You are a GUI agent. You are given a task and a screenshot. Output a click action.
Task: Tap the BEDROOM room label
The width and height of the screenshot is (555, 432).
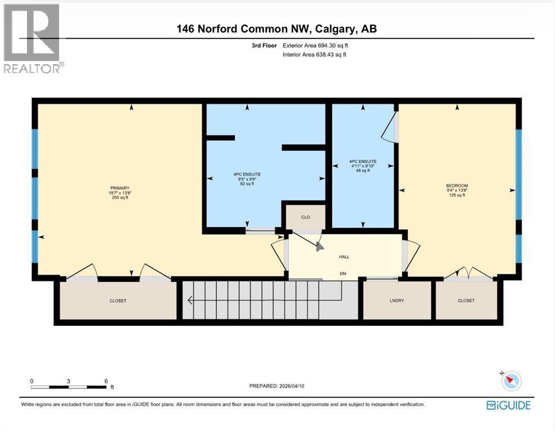(x=457, y=186)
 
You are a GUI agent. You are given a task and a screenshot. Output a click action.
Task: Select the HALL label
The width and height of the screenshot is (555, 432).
(x=344, y=256)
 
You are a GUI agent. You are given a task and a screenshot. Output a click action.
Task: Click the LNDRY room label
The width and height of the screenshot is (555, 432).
(x=397, y=300)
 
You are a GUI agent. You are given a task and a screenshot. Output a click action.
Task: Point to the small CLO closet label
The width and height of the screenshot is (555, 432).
(x=305, y=217)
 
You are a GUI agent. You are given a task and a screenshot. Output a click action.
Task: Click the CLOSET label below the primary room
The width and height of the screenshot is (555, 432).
(x=118, y=301)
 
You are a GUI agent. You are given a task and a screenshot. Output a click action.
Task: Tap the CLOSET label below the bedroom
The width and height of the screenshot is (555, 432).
(x=466, y=300)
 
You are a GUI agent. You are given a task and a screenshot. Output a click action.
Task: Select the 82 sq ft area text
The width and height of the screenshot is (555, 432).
(x=248, y=183)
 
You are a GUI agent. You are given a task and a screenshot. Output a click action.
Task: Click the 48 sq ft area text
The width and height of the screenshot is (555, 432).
(x=362, y=171)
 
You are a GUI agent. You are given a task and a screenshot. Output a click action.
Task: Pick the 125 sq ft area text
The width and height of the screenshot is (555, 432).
(x=457, y=195)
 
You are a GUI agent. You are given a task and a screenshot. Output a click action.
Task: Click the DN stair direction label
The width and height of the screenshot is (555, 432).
(x=344, y=273)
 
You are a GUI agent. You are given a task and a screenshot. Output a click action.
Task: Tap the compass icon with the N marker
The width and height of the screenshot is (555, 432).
(x=511, y=381)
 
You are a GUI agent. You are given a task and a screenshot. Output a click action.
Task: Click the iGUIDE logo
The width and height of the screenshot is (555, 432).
(x=508, y=405)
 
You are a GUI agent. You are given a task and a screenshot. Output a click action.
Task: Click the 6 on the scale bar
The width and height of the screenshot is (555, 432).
(x=106, y=381)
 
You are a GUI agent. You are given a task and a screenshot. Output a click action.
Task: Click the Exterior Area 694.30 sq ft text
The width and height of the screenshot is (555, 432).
(x=319, y=46)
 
